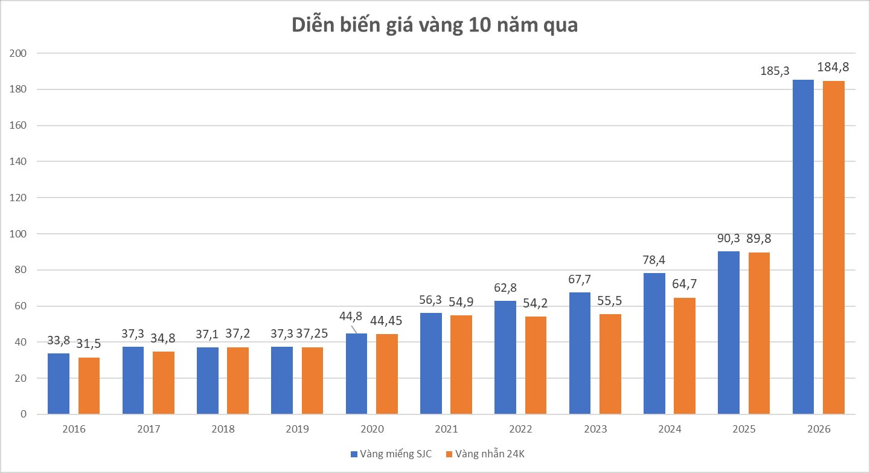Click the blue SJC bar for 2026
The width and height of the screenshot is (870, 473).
click(803, 247)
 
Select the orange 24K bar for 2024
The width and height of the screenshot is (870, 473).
click(685, 356)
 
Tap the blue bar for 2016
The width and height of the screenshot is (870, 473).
click(59, 384)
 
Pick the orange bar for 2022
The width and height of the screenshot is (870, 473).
click(536, 365)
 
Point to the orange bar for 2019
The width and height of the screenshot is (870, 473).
click(313, 381)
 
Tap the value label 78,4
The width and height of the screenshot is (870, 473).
click(654, 259)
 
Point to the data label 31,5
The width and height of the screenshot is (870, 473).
click(89, 344)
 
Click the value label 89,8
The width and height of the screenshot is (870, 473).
click(759, 239)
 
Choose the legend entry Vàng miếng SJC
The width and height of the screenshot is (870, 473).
click(391, 454)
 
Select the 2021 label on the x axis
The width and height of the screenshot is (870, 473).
click(446, 430)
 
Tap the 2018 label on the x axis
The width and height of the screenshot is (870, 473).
click(223, 430)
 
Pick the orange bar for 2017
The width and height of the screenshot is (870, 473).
click(164, 382)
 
